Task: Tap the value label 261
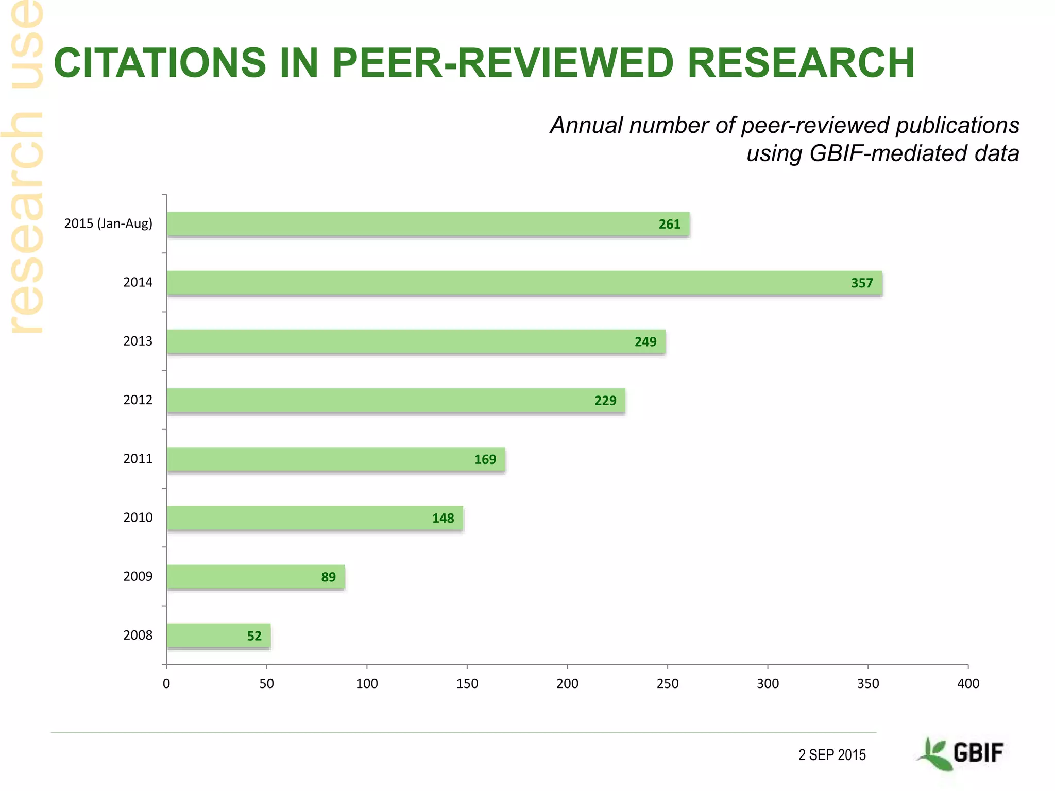[669, 225]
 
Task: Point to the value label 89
[328, 577]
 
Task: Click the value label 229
[605, 401]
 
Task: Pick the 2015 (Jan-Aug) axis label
[108, 223]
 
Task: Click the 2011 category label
[138, 459]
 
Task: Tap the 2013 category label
[138, 341]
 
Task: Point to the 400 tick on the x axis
[968, 684]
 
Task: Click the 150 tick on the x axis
[467, 684]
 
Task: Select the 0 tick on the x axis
[166, 684]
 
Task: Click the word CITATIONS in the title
[160, 63]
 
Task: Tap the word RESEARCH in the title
[801, 63]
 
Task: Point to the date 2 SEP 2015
[832, 755]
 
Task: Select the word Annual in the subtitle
[586, 125]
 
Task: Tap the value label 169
[485, 459]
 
